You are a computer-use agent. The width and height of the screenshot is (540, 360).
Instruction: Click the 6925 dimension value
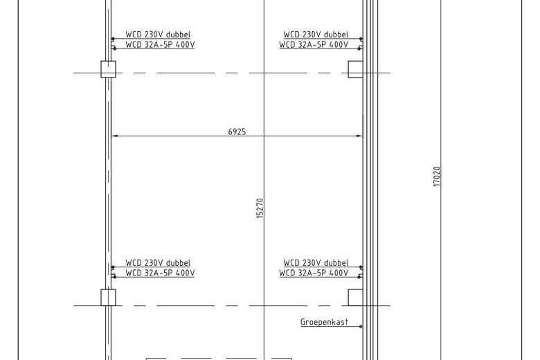point(237,132)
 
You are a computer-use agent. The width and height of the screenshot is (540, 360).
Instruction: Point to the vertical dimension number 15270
point(260,208)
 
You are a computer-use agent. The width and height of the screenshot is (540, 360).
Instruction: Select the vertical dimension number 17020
point(437,177)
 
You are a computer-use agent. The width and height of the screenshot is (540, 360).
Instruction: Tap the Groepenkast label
point(325,322)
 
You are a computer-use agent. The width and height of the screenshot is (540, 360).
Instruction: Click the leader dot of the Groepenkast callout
point(361,327)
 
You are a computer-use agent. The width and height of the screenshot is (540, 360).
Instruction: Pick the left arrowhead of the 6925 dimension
point(115,136)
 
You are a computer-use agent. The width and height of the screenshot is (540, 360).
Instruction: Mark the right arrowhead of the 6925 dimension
point(359,136)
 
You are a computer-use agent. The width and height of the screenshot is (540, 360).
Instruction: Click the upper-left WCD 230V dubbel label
point(158,35)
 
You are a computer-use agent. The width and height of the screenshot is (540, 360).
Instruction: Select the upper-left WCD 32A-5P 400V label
point(160,45)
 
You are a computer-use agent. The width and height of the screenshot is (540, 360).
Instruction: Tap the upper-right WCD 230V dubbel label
point(316,35)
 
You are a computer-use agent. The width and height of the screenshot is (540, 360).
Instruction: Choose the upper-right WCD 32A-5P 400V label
point(314,45)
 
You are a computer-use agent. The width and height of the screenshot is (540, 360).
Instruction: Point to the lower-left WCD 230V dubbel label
point(158,263)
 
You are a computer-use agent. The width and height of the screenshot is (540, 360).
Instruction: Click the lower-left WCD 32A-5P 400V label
point(160,273)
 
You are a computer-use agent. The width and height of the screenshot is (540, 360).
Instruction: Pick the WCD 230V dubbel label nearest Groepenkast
point(316,263)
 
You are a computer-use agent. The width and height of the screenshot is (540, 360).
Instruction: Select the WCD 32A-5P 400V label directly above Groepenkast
point(314,273)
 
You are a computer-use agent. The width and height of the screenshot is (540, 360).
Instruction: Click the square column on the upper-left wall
point(108,69)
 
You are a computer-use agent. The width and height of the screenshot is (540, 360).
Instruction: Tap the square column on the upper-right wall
point(355,69)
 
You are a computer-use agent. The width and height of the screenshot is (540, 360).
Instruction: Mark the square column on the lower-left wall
point(108,298)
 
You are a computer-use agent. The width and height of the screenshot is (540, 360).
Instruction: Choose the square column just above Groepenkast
point(355,298)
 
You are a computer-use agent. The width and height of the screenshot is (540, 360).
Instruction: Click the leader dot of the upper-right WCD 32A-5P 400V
point(359,49)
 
